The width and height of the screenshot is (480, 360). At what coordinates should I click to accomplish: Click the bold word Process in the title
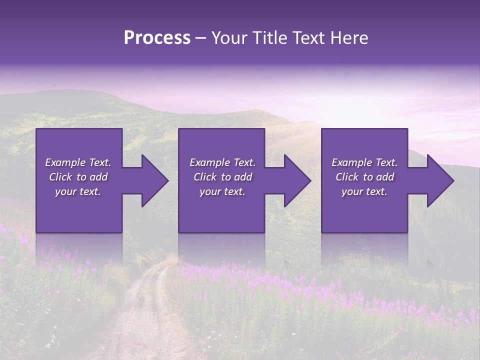[157, 38]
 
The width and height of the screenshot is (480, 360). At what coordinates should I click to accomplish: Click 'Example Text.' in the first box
[78, 162]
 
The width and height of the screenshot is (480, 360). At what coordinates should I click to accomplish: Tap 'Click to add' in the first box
[78, 177]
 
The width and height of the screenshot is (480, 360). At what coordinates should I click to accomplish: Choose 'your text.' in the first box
[78, 191]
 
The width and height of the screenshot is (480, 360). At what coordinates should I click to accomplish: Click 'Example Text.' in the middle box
[222, 162]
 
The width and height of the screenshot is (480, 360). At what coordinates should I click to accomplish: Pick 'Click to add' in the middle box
[222, 177]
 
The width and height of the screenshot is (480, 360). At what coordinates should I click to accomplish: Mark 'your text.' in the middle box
[222, 191]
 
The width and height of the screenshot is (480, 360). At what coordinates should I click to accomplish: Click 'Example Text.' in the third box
[364, 162]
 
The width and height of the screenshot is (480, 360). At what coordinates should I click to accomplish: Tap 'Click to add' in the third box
[364, 177]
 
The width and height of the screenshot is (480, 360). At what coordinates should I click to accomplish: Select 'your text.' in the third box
[364, 191]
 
